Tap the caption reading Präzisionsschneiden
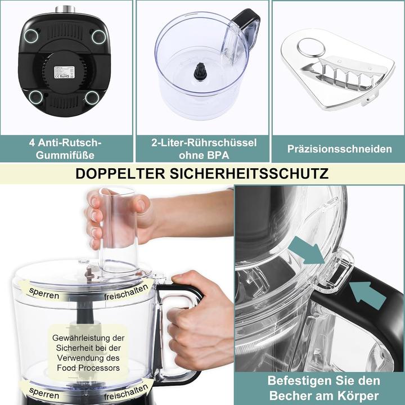tap(339, 149)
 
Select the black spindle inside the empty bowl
tap(201, 71)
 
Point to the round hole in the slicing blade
tap(310, 47)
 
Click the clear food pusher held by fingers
tap(118, 225)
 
